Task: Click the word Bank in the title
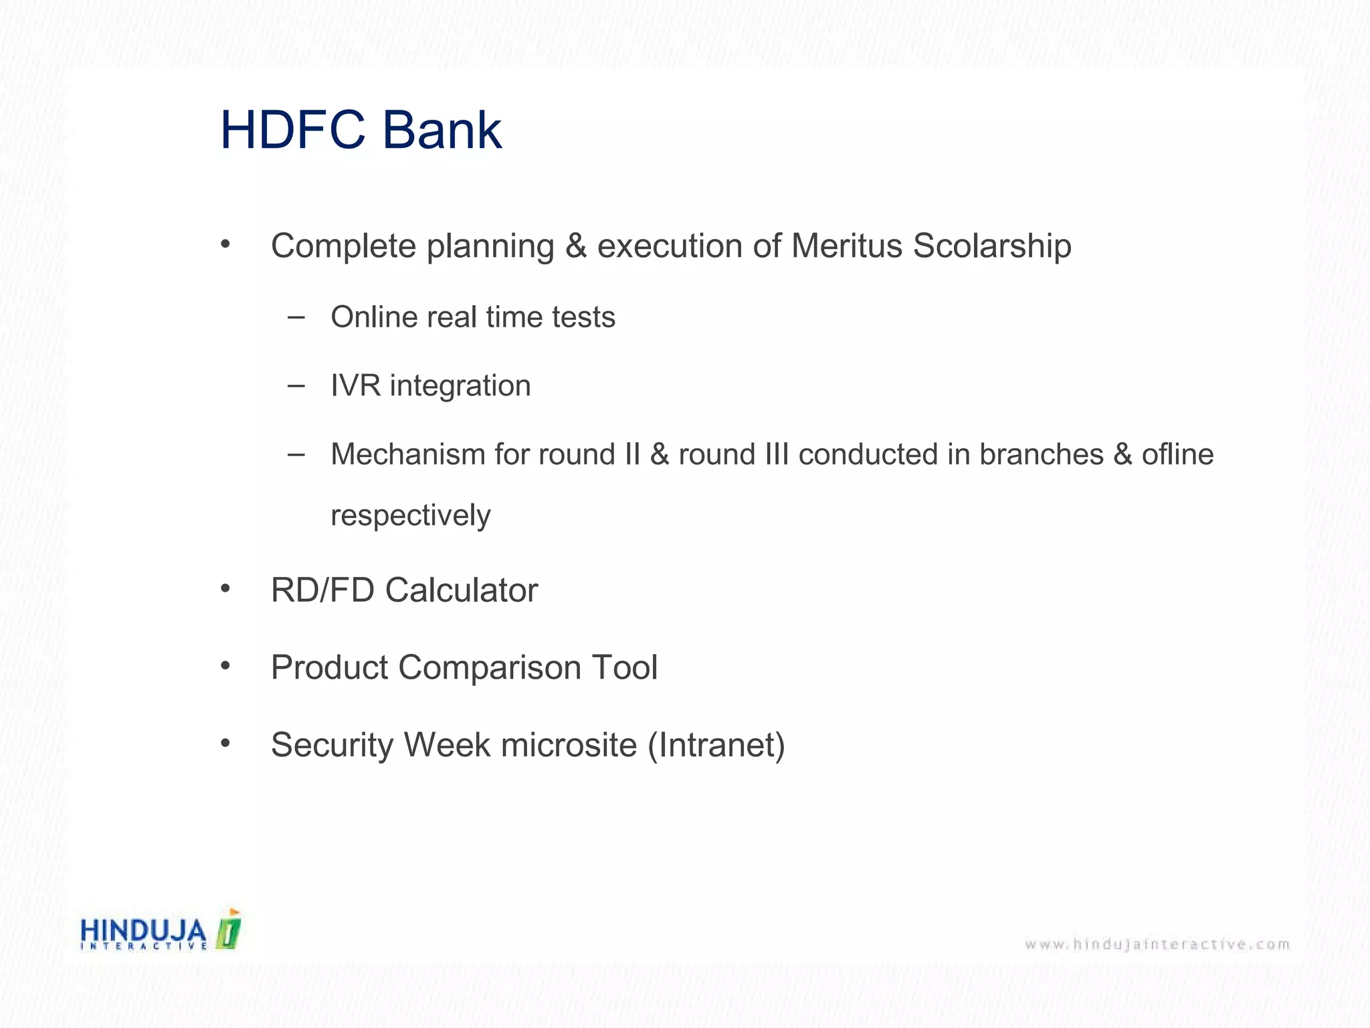[x=442, y=130]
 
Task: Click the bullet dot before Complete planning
[x=225, y=244]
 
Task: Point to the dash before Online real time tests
[x=296, y=317]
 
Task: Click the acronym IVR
[x=355, y=385]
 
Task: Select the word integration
[x=460, y=385]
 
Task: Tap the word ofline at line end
[x=1177, y=454]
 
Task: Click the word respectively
[x=411, y=516]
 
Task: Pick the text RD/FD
[x=322, y=590]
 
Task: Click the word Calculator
[x=462, y=590]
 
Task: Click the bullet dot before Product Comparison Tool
[x=225, y=665]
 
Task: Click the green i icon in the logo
[x=229, y=930]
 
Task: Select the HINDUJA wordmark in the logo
[x=143, y=930]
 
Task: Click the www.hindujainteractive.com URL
[x=1157, y=944]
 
